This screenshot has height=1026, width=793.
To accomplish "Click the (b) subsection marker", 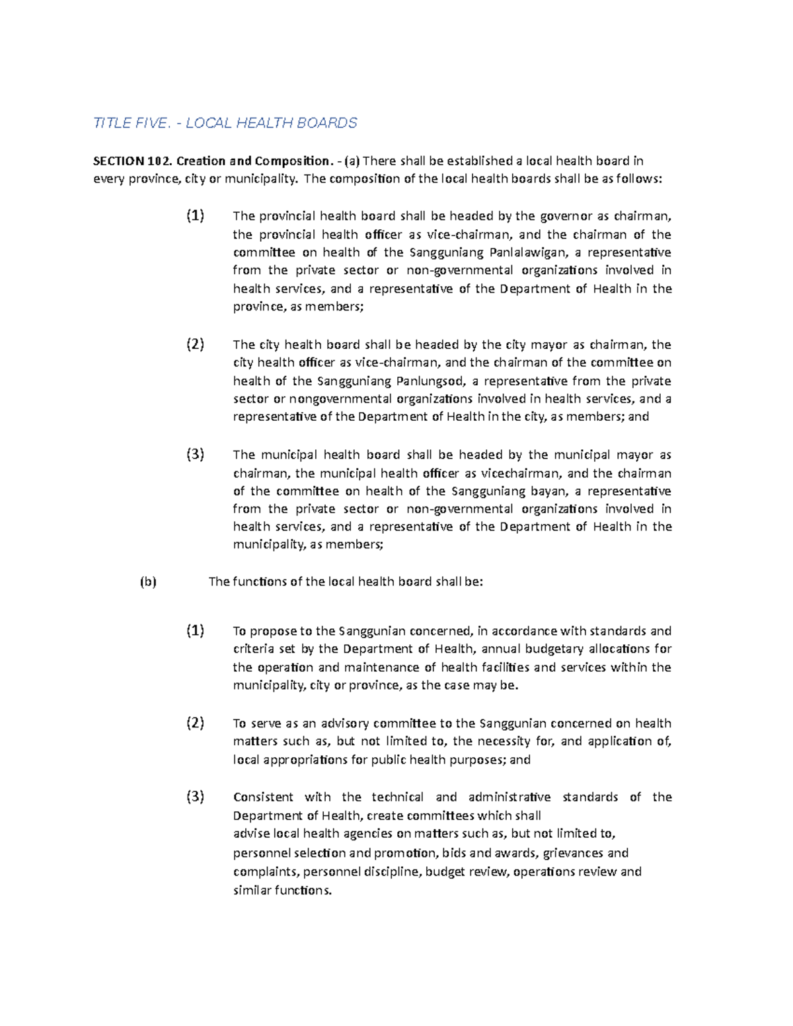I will coord(148,582).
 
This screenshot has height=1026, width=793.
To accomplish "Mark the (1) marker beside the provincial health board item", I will coord(195,215).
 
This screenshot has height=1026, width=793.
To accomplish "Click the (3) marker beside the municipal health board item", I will coord(195,455).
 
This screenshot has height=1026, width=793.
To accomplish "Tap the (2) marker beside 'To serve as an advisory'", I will coord(195,723).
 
